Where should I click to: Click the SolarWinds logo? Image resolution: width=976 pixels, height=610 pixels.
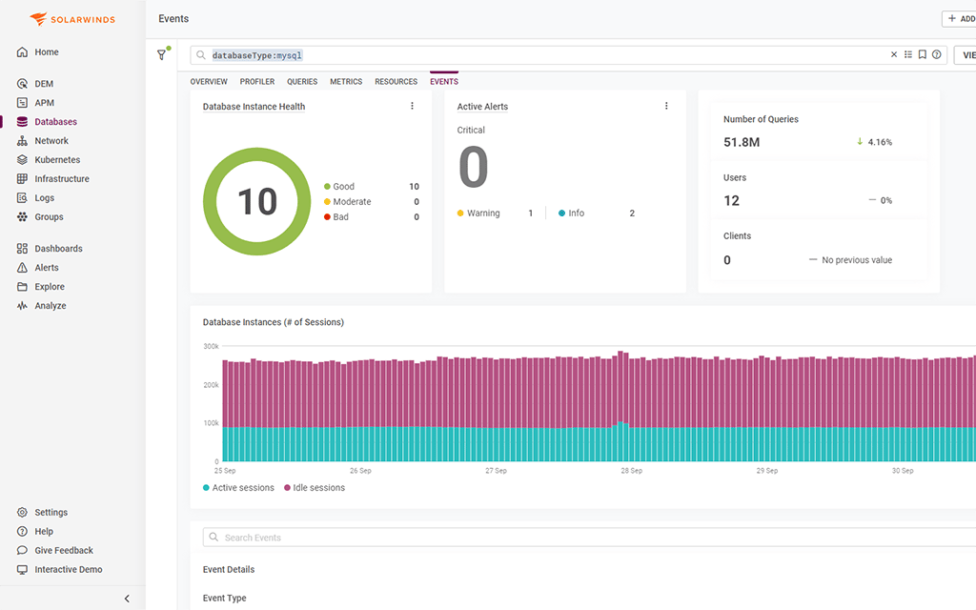(x=72, y=19)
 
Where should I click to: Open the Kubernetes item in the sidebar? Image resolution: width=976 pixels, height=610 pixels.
(x=57, y=160)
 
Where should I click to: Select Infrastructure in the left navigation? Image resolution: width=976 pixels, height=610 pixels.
(x=61, y=179)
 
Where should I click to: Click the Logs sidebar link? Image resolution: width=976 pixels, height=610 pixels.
(x=45, y=198)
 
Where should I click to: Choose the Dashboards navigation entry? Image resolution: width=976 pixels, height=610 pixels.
(x=58, y=249)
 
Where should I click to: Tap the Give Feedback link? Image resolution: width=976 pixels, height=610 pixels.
(x=64, y=551)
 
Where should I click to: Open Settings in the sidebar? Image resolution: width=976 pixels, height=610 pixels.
(x=51, y=513)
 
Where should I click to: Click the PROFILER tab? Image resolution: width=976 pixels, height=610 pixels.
(x=257, y=82)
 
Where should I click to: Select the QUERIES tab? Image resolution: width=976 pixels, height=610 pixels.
(x=302, y=82)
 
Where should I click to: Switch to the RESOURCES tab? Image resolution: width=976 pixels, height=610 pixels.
(x=396, y=82)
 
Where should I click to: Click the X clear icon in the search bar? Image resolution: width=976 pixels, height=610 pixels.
(x=894, y=55)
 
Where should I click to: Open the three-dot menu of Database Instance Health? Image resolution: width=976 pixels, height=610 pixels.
(x=412, y=106)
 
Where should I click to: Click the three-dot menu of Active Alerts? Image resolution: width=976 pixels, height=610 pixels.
(x=666, y=106)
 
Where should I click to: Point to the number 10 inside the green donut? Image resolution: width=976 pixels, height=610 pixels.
(x=256, y=202)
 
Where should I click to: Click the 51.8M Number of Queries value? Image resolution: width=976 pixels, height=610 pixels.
(x=742, y=142)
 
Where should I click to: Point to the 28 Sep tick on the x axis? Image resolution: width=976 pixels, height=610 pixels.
(x=631, y=471)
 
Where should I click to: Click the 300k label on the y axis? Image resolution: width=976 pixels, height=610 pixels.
(x=211, y=346)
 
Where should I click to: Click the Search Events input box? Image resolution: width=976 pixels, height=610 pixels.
(x=572, y=538)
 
